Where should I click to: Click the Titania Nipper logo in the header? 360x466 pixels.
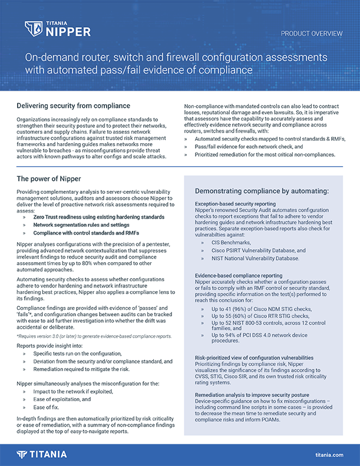pos(57,29)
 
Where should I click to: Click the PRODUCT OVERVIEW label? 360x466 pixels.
pos(311,34)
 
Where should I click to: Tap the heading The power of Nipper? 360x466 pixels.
pos(49,179)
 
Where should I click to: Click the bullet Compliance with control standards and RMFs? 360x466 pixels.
pos(86,233)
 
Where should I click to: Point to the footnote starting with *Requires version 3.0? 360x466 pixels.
pos(94,336)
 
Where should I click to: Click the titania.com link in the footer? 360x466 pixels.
pos(329,455)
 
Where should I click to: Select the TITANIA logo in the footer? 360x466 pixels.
pos(41,454)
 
